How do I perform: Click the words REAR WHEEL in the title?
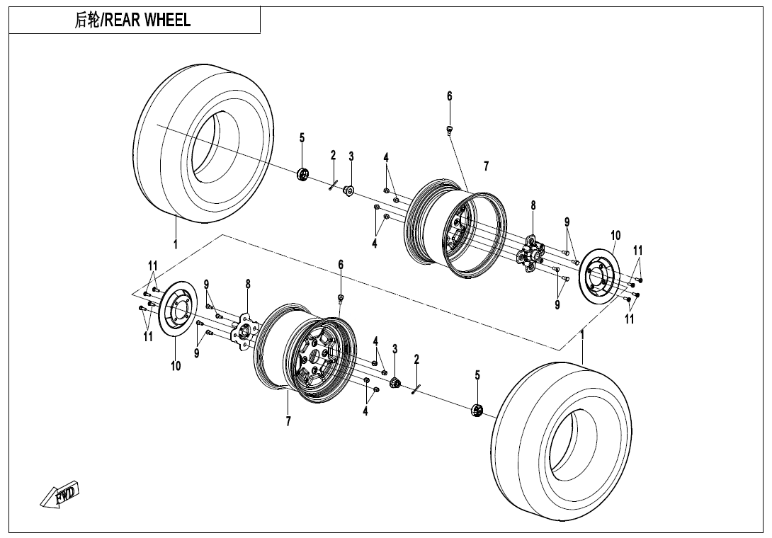[x=158, y=21]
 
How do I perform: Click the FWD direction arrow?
[x=59, y=495]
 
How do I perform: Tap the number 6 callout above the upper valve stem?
[x=449, y=96]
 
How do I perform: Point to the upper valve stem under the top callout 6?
[x=449, y=129]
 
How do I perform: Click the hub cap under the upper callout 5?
[x=303, y=175]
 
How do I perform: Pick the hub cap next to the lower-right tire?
[x=477, y=410]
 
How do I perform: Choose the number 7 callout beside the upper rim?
[x=486, y=166]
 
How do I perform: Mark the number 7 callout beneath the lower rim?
[x=288, y=421]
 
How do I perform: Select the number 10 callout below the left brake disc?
[x=176, y=366]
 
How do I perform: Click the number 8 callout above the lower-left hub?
[x=248, y=284]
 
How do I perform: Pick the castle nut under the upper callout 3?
[x=348, y=191]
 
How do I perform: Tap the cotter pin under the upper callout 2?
[x=331, y=185]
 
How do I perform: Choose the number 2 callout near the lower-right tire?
[x=416, y=360]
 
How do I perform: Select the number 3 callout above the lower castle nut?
[x=394, y=349]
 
